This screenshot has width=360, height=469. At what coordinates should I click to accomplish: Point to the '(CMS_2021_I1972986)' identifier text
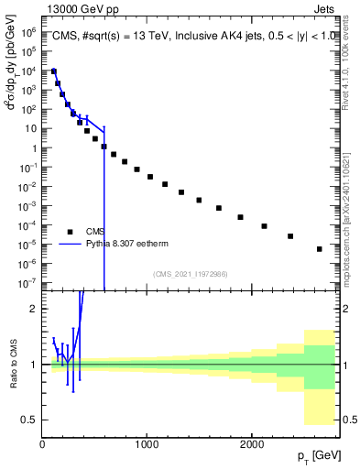point(190,274)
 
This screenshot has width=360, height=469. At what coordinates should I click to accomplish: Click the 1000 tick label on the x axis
point(147,443)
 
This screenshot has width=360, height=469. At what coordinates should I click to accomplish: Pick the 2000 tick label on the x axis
point(251,443)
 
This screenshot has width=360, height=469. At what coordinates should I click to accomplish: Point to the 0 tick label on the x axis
point(42,443)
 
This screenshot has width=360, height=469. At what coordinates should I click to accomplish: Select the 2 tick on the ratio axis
point(32,309)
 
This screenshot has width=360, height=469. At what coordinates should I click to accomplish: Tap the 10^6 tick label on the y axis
point(27,31)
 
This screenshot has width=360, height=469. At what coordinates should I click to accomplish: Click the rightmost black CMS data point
point(319,248)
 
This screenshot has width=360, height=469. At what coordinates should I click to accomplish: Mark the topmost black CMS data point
point(54,71)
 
